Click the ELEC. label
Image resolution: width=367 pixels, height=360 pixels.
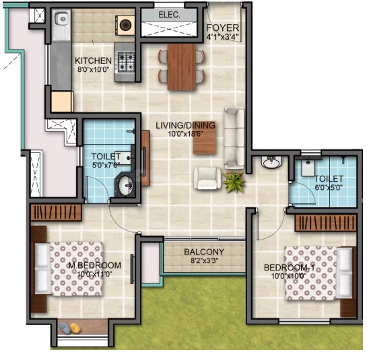[169, 15]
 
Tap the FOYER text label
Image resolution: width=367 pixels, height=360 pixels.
[223, 28]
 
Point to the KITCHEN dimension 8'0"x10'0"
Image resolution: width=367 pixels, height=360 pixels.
[94, 69]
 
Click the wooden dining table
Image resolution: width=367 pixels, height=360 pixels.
[182, 67]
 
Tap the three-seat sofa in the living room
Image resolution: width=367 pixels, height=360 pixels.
[234, 137]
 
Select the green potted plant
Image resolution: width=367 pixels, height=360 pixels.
[234, 182]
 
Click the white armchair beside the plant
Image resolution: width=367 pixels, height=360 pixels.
[207, 178]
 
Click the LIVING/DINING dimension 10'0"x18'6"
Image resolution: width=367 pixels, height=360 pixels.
[185, 134]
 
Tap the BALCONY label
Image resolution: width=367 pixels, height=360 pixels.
[204, 252]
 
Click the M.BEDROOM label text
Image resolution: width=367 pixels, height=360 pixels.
[94, 266]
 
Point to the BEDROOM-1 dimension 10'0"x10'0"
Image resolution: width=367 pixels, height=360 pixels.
[289, 276]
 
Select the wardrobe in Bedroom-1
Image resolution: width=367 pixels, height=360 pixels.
[325, 223]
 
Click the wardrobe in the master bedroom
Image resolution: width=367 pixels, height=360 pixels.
[56, 213]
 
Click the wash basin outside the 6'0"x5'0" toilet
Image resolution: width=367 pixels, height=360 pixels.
[271, 162]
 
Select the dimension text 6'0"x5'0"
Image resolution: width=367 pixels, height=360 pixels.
[328, 187]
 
